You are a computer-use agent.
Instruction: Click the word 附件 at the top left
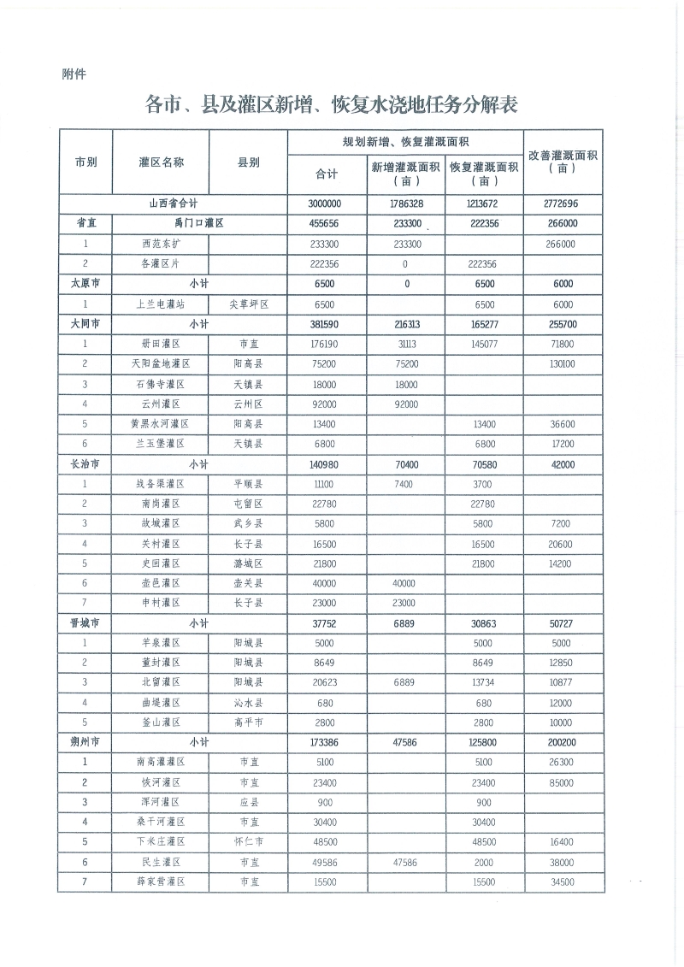coord(74,74)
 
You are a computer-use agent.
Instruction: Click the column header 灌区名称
coord(161,162)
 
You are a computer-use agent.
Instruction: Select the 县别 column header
coord(249,162)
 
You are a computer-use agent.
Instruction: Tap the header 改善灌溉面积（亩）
coord(563,162)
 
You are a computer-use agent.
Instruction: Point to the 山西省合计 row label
coord(173,204)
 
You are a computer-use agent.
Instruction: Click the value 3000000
coord(327,204)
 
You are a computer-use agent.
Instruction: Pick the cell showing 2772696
coord(563,204)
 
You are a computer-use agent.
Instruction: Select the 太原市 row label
coord(85,284)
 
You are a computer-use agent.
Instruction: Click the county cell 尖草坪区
coord(249,304)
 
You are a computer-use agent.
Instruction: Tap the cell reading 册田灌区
coord(161,344)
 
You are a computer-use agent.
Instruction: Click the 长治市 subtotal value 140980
coord(327,464)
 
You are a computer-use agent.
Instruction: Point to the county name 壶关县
coord(249,583)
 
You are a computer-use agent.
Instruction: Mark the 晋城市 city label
coord(85,623)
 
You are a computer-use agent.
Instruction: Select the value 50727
coord(563,623)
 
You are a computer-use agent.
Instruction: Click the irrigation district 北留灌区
coord(161,682)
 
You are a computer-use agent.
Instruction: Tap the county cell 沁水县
coord(249,703)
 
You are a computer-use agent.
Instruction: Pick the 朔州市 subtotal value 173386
coord(327,742)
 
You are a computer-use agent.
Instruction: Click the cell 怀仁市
coord(249,842)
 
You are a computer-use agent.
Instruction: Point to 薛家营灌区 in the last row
coord(161,882)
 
